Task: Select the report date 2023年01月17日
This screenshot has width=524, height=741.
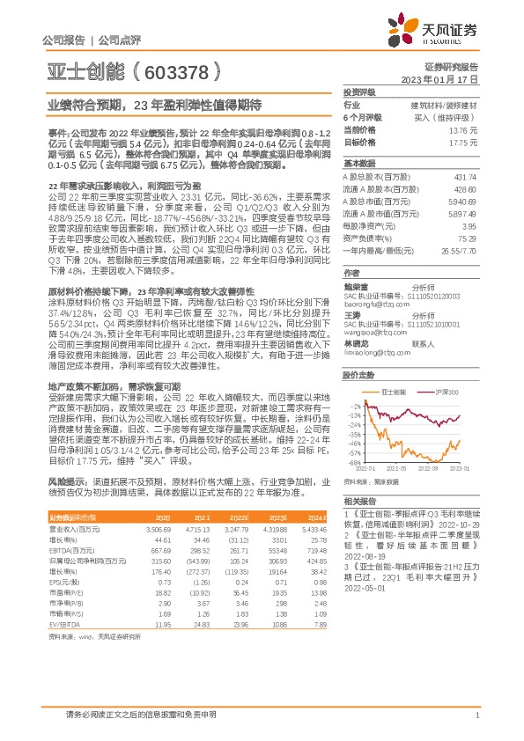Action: point(451,78)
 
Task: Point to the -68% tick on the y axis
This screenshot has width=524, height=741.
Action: point(354,461)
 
